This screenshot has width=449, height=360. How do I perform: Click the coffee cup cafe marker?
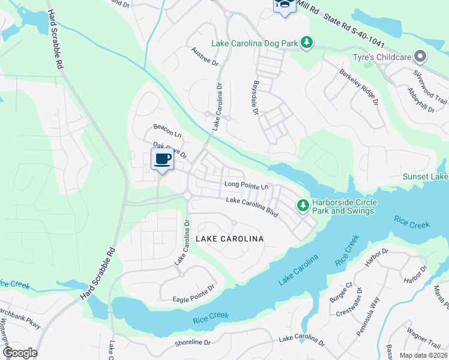coord(163,160)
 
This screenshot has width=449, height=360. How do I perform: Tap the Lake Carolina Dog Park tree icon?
coord(307,42)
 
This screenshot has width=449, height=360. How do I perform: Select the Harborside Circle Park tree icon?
coord(304,206)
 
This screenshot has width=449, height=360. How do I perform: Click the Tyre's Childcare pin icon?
coord(420,57)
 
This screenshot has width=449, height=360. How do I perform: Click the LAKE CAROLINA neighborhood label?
coord(230,239)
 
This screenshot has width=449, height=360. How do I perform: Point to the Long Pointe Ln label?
coord(246,185)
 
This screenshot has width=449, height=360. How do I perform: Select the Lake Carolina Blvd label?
coord(252,207)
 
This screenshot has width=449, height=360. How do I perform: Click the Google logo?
coord(19,353)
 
